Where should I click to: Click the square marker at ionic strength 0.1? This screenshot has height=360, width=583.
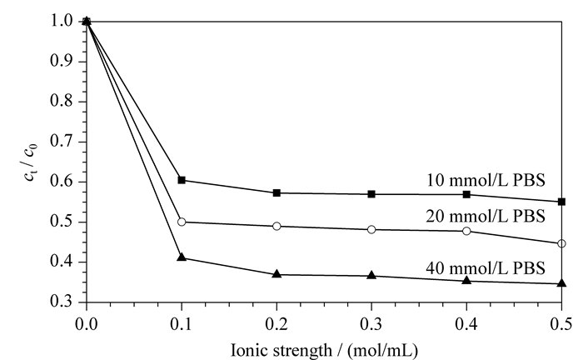pyautogui.click(x=182, y=180)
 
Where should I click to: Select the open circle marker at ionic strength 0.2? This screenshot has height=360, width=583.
pyautogui.click(x=277, y=226)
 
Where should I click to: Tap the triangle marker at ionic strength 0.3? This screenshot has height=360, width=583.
pyautogui.click(x=371, y=275)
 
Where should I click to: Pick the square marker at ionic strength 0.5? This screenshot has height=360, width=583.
pyautogui.click(x=562, y=202)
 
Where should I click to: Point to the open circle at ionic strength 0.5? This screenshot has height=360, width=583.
pyautogui.click(x=562, y=243)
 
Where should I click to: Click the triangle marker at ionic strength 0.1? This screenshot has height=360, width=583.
pyautogui.click(x=182, y=257)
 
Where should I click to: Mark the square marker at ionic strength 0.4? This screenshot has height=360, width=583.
pyautogui.click(x=466, y=194)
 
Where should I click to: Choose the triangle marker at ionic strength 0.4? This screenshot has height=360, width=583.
pyautogui.click(x=466, y=280)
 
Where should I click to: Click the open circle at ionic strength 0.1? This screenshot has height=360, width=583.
pyautogui.click(x=182, y=222)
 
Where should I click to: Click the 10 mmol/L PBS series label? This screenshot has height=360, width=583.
pyautogui.click(x=486, y=180)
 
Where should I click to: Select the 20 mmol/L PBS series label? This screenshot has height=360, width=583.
pyautogui.click(x=486, y=216)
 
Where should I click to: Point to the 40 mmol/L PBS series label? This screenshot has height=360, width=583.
pyautogui.click(x=486, y=267)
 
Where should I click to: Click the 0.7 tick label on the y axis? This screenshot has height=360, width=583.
pyautogui.click(x=62, y=142)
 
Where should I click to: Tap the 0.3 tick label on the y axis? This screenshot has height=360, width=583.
pyautogui.click(x=62, y=301)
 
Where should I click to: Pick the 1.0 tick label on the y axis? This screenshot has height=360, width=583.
pyautogui.click(x=62, y=21)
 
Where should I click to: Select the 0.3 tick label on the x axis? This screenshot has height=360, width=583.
pyautogui.click(x=371, y=324)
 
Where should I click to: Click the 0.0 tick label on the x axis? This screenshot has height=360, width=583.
pyautogui.click(x=87, y=324)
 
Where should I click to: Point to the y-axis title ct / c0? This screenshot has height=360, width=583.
pyautogui.click(x=31, y=162)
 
